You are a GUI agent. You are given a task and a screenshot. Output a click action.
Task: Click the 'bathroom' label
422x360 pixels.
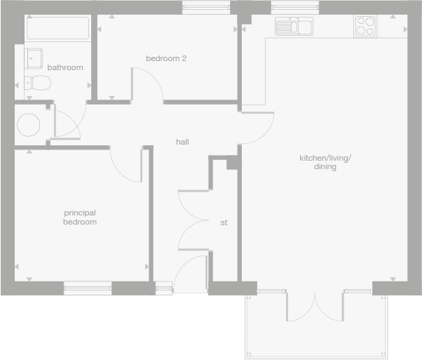65,68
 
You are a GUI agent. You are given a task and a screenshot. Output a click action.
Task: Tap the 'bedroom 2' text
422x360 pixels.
166,58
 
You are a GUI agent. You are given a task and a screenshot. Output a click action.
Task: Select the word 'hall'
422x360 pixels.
182,142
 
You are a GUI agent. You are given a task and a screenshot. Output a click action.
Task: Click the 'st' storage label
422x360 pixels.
224,222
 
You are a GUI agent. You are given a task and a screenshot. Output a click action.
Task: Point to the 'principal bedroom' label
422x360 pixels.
80,217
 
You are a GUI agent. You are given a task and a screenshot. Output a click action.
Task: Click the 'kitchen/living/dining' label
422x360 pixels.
325,163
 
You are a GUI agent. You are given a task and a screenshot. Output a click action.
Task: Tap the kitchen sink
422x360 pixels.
294,27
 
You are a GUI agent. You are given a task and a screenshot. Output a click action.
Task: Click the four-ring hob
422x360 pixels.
365,26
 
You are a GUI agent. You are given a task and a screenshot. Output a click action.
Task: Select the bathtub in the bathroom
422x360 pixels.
57,29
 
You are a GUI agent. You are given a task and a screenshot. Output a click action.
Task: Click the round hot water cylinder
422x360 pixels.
29,125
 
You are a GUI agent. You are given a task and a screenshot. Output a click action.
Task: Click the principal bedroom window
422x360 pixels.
88,287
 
